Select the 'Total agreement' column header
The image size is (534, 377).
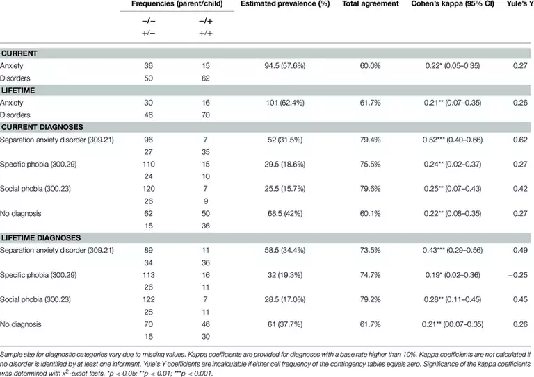pos(371,4)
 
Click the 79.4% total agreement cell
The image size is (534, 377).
pos(371,140)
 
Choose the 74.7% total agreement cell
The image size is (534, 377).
pos(371,274)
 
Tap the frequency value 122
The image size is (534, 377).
pos(147,299)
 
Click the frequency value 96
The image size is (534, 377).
pos(147,140)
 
